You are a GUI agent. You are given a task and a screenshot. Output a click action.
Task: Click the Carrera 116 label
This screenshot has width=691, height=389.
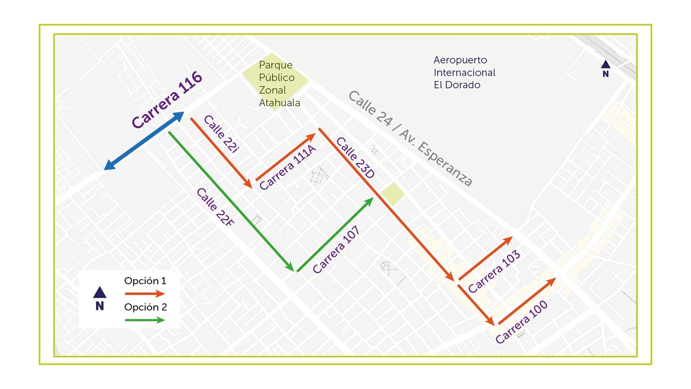coord(167,101)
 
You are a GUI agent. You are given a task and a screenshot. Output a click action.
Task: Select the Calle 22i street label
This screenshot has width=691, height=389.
coord(221,135)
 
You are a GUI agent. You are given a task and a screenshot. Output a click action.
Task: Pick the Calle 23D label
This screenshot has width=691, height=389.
coord(355,158)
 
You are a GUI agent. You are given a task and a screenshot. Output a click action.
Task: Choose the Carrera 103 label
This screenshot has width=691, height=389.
coord(494,272)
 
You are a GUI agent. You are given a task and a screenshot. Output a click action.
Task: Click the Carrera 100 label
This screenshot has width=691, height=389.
coord(522,322)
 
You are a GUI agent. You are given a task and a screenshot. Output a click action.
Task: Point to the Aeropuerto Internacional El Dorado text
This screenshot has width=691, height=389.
coord(465,73)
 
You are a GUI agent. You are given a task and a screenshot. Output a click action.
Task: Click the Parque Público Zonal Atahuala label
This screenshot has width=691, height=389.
coord(279,84)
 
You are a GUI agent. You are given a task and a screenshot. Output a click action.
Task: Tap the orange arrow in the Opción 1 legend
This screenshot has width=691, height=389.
coord(144,293)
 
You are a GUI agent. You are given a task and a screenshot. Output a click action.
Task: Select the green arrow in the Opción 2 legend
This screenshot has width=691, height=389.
coord(144,319)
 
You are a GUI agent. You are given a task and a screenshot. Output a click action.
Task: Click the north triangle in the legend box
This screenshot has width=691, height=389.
coord(99,292)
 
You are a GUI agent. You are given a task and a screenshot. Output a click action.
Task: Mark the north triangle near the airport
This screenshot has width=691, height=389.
coord(606,64)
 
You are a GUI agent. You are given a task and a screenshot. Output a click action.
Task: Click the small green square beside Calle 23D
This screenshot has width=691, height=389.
coord(393,194)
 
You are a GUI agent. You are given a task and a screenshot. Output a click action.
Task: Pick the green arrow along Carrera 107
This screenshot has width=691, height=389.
coord(335,235)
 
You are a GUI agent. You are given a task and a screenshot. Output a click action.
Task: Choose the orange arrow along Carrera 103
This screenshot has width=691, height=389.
coord(486,258)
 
